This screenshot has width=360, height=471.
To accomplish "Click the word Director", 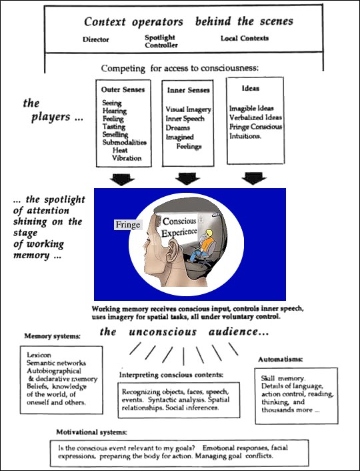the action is [96, 39].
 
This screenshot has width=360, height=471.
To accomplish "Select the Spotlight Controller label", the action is [161, 41].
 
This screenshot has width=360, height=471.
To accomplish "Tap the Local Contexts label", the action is [245, 38].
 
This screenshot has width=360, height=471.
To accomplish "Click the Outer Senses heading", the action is [123, 89].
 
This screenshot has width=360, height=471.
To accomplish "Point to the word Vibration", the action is [127, 158].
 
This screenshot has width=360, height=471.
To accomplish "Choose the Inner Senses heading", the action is [188, 90].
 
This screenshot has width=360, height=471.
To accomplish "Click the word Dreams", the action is [178, 127].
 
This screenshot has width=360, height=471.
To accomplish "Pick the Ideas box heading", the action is [251, 88].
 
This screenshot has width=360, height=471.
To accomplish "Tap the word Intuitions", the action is [245, 136].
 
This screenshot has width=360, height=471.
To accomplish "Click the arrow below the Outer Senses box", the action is [122, 179].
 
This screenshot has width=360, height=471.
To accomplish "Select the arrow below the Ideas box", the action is [254, 178].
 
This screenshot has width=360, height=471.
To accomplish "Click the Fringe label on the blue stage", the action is [128, 225].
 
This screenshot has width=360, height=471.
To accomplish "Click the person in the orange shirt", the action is [201, 246].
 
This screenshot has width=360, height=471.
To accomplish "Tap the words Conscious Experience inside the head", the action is [179, 227].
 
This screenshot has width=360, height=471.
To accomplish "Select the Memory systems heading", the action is [52, 336].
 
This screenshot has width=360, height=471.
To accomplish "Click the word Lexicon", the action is [39, 355].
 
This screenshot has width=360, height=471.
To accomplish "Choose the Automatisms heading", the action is [281, 360].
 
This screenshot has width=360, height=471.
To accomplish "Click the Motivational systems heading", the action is [91, 432].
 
